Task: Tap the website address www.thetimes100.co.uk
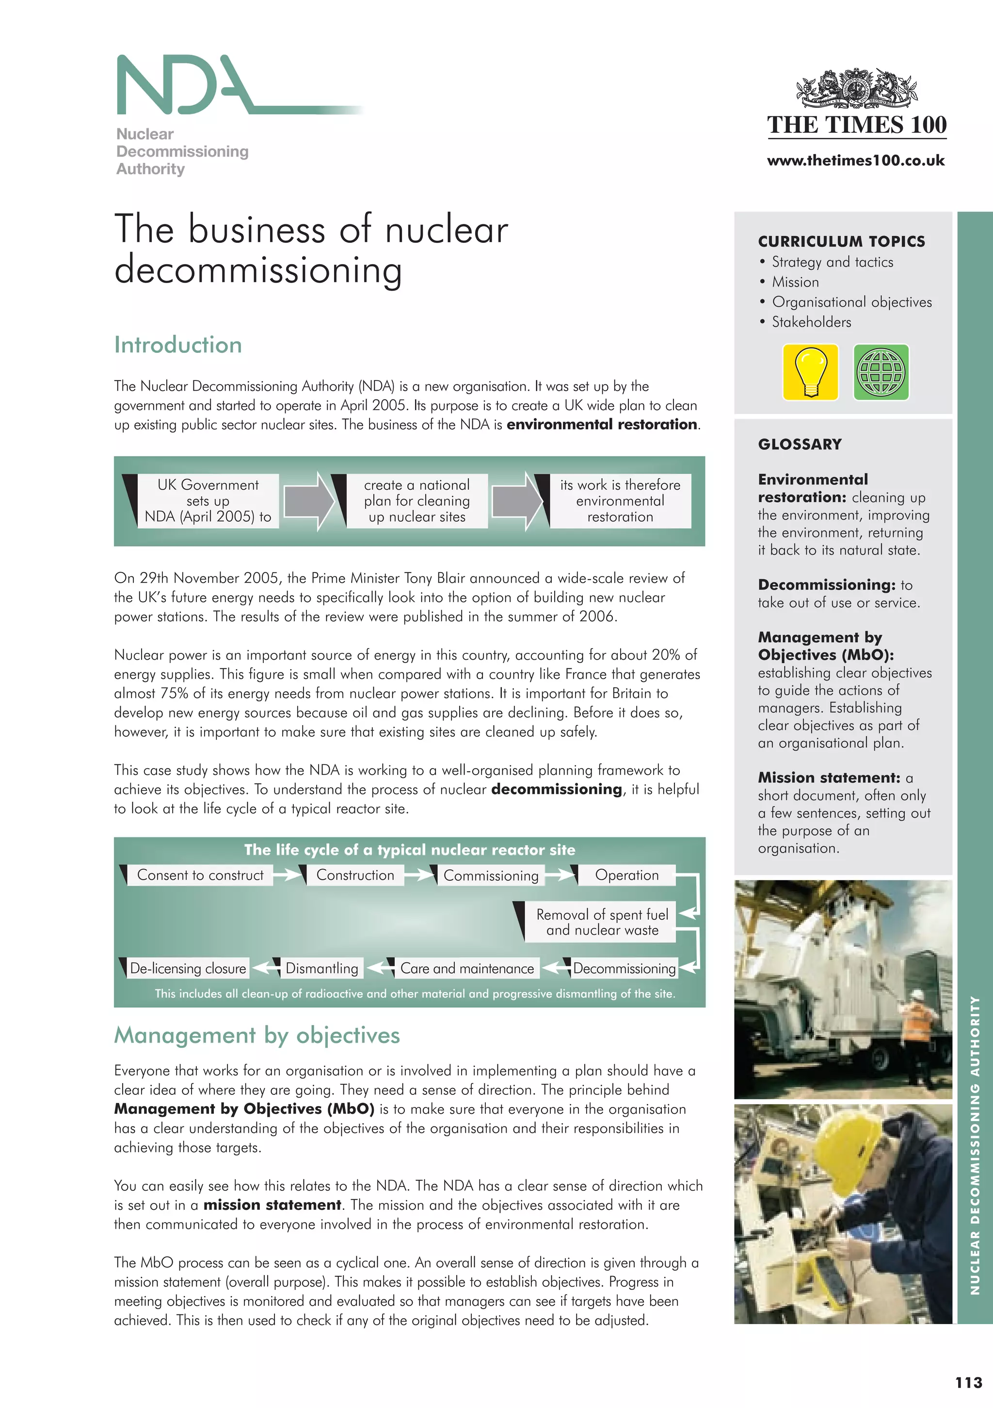point(856,160)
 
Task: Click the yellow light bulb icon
point(810,372)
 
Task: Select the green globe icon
point(881,372)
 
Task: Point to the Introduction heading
point(178,345)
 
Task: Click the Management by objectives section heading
point(257,1035)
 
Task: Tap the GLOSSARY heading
point(800,444)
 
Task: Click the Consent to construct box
point(200,875)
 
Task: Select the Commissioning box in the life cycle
point(491,876)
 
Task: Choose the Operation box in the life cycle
point(626,875)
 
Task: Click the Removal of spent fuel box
point(602,922)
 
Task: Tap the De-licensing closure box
point(188,968)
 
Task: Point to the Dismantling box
point(321,968)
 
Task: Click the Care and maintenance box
point(467,968)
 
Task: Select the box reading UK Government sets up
point(208,501)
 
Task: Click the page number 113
point(968,1382)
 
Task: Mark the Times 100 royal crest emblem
point(856,89)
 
